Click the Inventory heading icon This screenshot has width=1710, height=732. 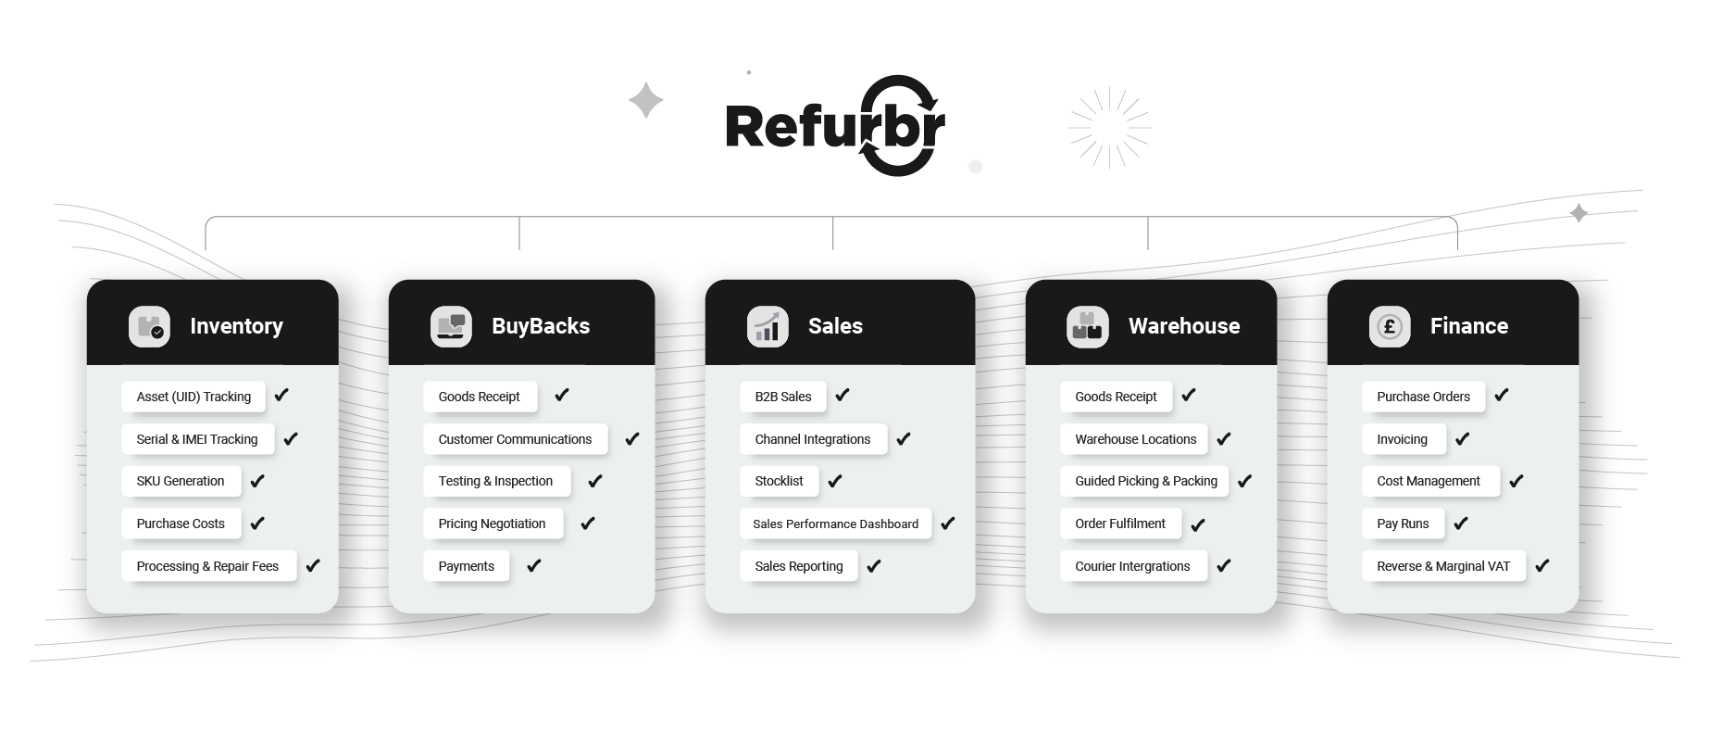149,326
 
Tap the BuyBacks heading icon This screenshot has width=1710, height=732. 451,326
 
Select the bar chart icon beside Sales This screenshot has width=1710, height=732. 768,326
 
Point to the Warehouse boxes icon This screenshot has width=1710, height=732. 1087,326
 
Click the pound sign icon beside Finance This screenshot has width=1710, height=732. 1390,326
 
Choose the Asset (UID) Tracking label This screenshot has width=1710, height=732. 193,397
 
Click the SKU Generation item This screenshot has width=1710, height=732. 181,481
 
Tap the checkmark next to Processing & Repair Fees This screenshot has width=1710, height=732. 313,565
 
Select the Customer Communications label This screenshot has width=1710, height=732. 515,439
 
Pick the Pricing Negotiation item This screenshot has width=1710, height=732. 492,524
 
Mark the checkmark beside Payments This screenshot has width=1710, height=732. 533,565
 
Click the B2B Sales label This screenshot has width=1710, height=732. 783,397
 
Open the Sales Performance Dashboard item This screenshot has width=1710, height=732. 835,524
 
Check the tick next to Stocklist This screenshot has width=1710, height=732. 834,481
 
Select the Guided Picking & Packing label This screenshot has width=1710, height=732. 1145,481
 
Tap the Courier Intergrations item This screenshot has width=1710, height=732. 1132,566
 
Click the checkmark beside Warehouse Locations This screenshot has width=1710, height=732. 1223,438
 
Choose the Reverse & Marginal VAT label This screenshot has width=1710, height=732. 1442,566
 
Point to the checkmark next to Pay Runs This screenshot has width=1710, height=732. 1460,524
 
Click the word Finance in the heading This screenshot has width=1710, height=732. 1468,326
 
